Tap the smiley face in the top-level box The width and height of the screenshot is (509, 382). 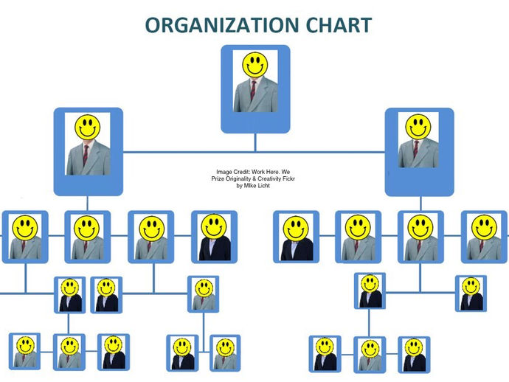click(x=255, y=64)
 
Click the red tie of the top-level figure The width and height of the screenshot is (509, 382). click(x=254, y=91)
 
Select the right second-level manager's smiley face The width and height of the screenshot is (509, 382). click(x=418, y=127)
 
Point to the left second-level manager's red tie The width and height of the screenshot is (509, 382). click(x=86, y=154)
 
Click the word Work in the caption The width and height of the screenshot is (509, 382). click(x=259, y=171)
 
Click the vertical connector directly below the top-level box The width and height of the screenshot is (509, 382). click(x=255, y=142)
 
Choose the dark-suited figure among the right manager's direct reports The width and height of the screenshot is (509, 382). click(x=296, y=237)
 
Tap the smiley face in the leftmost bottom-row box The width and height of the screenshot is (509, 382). click(x=26, y=344)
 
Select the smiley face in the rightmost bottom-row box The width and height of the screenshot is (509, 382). click(x=414, y=347)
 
